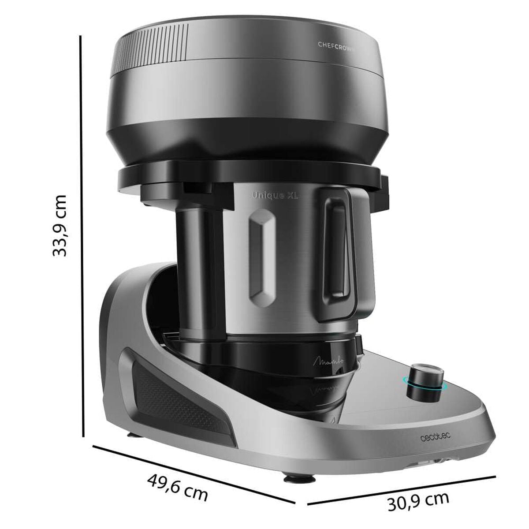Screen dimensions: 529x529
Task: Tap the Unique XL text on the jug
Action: tap(275, 196)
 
